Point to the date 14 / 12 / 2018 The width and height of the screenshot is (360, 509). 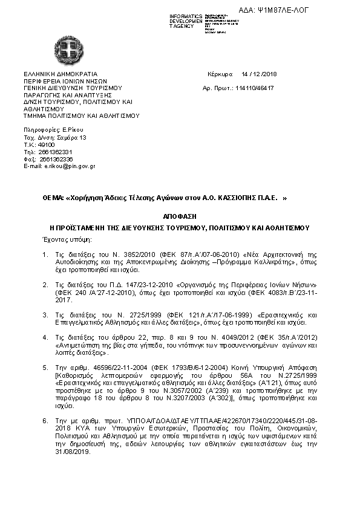(258, 74)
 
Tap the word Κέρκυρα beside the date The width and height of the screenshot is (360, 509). (220, 74)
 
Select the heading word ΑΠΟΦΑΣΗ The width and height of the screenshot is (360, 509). (180, 216)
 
